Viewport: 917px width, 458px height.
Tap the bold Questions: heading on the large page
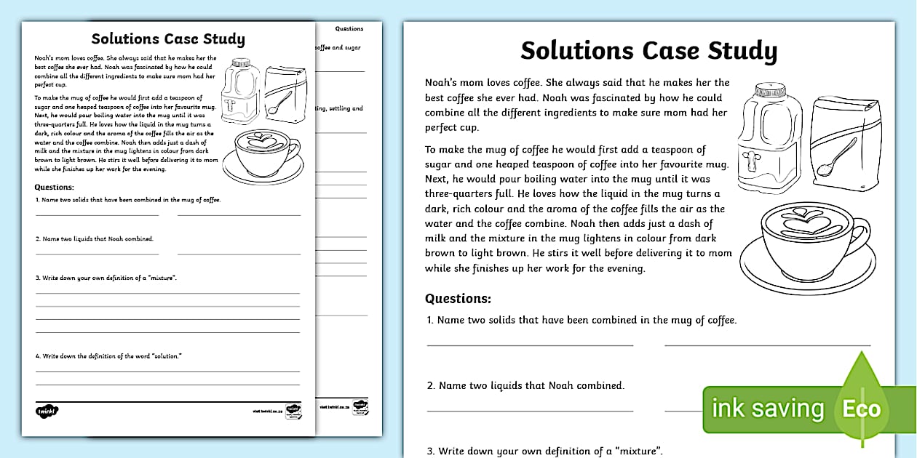(x=458, y=298)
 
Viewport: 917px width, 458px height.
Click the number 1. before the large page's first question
(x=430, y=320)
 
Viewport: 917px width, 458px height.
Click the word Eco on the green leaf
(x=862, y=409)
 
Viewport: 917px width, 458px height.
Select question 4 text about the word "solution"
(x=109, y=355)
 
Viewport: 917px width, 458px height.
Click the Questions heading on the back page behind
(x=349, y=29)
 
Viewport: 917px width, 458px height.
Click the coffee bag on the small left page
(x=279, y=92)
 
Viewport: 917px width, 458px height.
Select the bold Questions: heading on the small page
(x=49, y=188)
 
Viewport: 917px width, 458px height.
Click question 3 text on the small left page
(x=107, y=278)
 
